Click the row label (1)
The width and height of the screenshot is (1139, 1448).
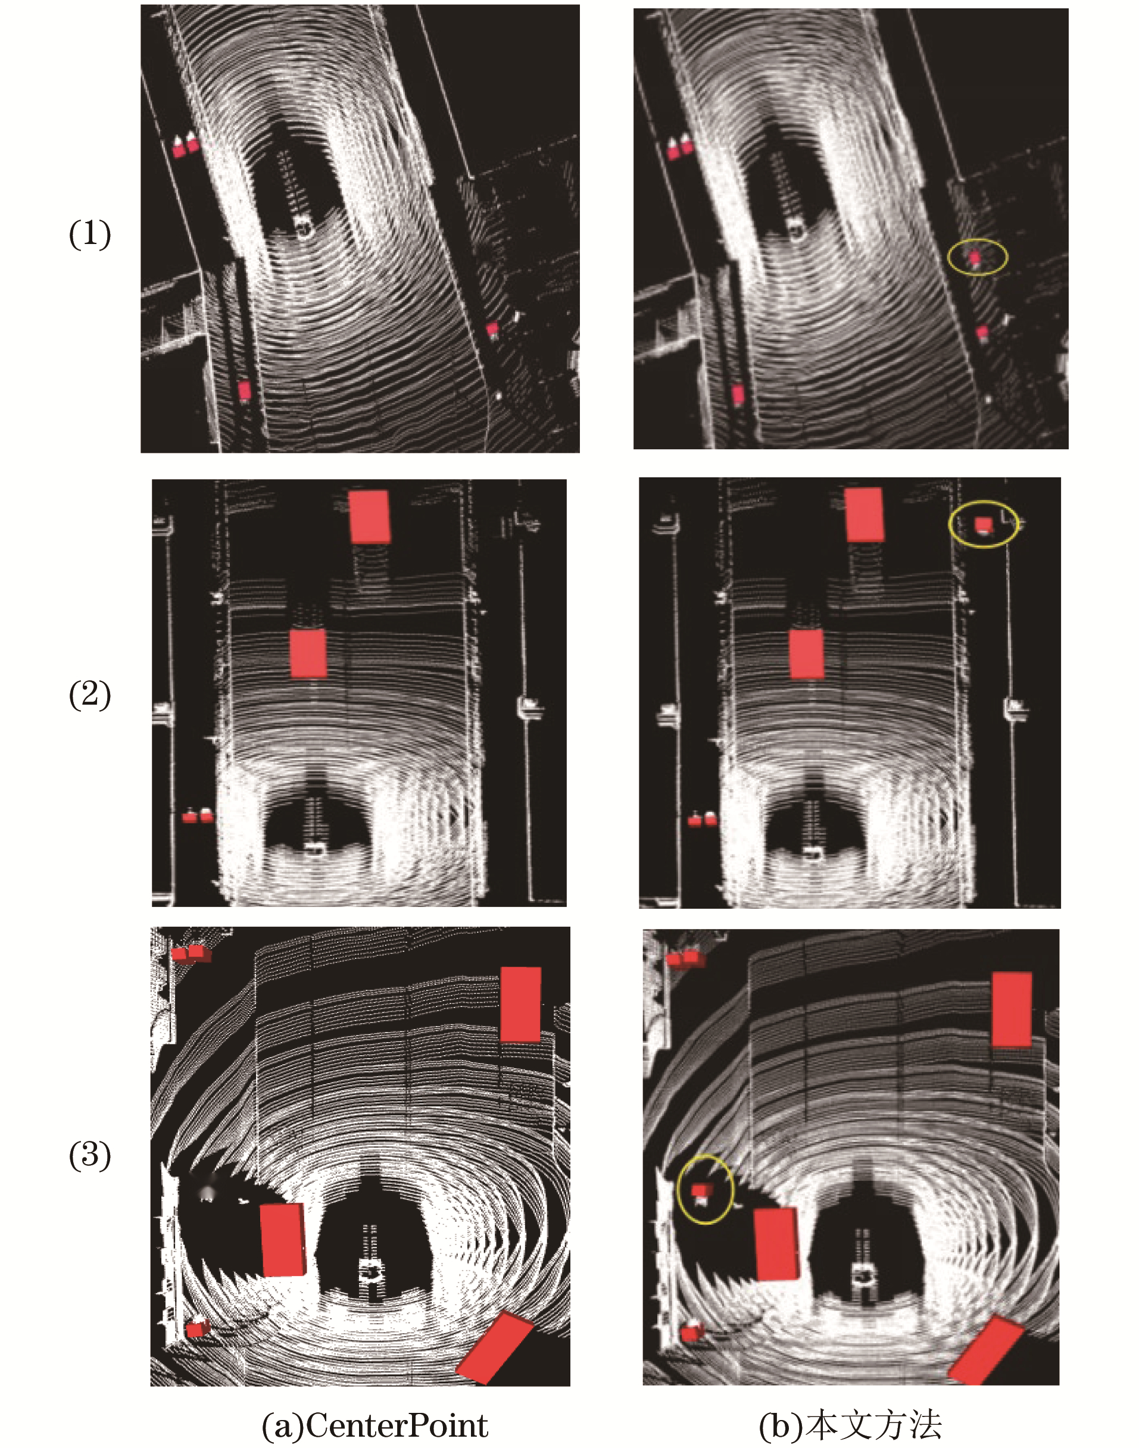tap(90, 234)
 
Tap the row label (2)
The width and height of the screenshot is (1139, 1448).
tap(90, 695)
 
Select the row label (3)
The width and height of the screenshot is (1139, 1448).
tap(90, 1155)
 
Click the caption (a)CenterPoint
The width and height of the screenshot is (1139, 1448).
tap(375, 1425)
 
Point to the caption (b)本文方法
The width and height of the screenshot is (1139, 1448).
tap(850, 1425)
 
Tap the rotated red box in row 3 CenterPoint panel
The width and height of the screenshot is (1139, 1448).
tap(494, 1347)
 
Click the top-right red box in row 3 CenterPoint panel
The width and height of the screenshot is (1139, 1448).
tap(520, 1005)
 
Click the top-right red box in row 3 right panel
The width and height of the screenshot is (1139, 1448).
tap(1012, 1009)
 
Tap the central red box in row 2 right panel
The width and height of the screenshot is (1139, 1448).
tap(806, 654)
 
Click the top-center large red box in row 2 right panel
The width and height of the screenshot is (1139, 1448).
tap(865, 515)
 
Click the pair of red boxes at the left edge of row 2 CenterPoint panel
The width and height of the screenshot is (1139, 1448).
tap(198, 815)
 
